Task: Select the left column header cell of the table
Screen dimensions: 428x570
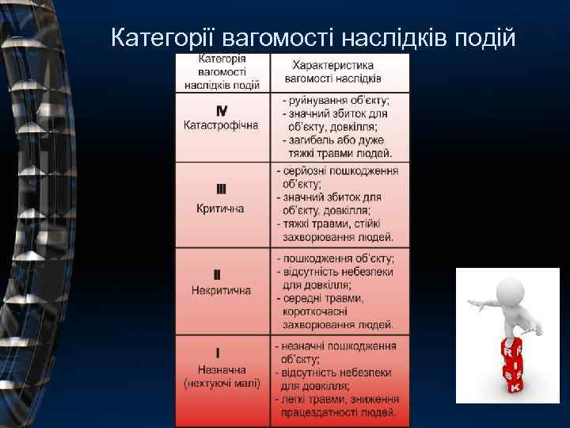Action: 222,72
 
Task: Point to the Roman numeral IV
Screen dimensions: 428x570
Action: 222,111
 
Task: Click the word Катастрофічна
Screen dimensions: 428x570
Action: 222,126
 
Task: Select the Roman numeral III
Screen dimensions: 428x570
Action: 221,189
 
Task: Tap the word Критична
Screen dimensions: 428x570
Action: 221,208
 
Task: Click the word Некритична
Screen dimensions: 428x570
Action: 221,290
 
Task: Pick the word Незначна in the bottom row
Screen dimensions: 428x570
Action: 221,369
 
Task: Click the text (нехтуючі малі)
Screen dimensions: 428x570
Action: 221,384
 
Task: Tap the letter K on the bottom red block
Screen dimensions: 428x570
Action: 514,388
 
